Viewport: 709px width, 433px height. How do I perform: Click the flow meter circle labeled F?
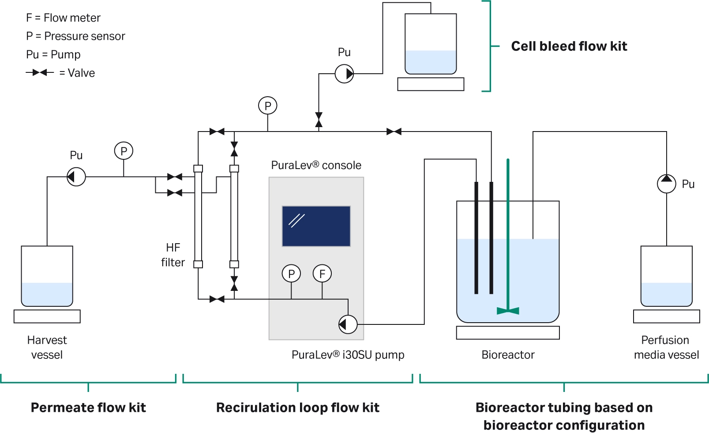(x=322, y=274)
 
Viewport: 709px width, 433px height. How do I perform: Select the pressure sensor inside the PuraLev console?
(x=291, y=274)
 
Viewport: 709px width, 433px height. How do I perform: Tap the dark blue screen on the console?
(x=316, y=226)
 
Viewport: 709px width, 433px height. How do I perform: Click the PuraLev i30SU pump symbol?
(x=348, y=324)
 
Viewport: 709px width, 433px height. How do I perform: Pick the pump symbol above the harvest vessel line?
(x=76, y=177)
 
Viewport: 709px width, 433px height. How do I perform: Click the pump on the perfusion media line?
(x=666, y=184)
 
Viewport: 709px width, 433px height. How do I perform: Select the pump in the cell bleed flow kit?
(x=344, y=74)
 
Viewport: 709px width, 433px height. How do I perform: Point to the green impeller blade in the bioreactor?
(x=508, y=310)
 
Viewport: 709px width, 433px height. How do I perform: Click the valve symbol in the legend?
(x=40, y=72)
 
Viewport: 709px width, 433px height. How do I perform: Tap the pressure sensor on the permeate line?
(x=124, y=151)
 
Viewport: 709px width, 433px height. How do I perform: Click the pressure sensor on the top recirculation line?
(x=267, y=106)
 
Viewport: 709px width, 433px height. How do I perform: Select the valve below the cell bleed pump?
(x=319, y=119)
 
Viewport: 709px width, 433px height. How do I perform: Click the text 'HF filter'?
(x=173, y=255)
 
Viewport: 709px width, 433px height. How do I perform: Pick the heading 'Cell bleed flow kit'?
(x=569, y=46)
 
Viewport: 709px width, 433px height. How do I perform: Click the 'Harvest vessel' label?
(x=47, y=347)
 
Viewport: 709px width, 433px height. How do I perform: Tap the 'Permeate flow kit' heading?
(x=88, y=407)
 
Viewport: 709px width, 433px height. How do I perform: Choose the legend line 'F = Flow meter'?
(x=63, y=18)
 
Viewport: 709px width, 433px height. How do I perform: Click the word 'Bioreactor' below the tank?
(x=508, y=355)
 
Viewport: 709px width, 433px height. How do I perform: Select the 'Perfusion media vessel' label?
(x=666, y=347)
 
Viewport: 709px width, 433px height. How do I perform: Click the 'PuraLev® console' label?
(x=316, y=166)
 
